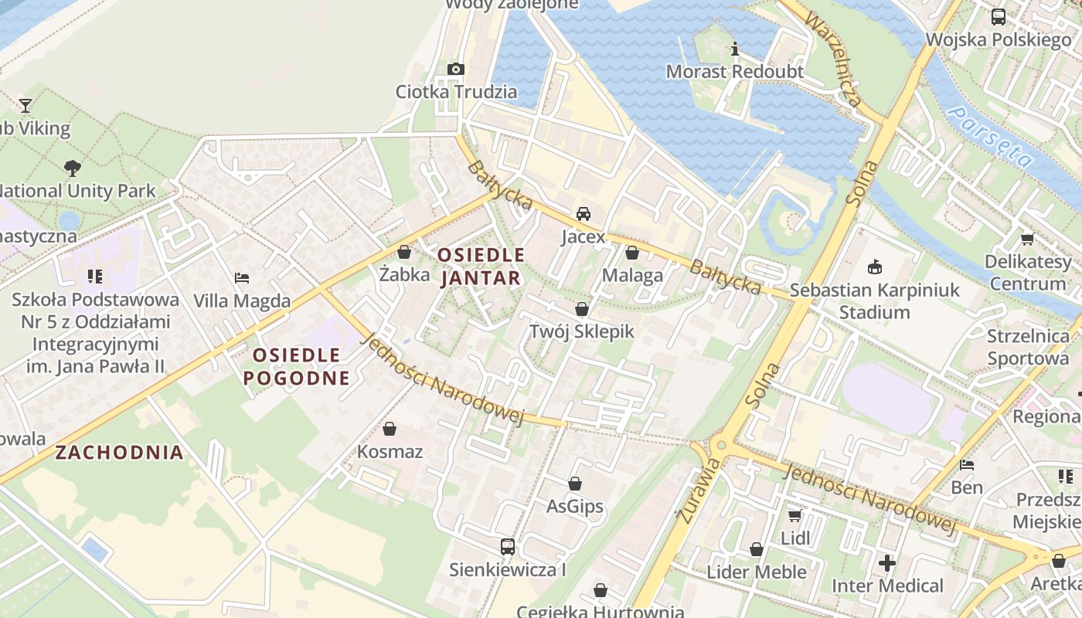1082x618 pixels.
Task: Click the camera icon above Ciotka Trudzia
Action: (x=456, y=70)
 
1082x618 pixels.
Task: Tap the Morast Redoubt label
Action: (x=735, y=72)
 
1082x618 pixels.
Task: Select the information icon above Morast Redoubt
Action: (x=735, y=50)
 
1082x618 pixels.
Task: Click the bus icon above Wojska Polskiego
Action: (x=998, y=17)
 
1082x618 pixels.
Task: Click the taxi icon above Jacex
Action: (x=584, y=214)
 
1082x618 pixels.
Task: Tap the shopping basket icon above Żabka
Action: (x=403, y=252)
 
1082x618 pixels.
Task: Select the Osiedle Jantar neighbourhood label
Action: (x=481, y=267)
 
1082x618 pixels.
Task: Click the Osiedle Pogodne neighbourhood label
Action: (x=297, y=366)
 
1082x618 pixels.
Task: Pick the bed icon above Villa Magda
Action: (x=242, y=278)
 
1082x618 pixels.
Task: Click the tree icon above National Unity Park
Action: (x=73, y=168)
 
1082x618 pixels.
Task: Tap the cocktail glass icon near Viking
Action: (x=26, y=105)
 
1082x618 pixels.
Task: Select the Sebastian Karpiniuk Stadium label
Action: (x=874, y=301)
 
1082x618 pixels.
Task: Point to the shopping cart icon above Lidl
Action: (x=794, y=515)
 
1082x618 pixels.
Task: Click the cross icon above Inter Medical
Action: (x=887, y=563)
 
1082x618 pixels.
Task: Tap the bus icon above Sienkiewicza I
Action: (x=507, y=547)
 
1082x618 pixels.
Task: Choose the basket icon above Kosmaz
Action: (x=390, y=429)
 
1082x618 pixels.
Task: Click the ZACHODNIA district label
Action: (x=119, y=453)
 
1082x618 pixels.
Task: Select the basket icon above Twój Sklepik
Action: (x=581, y=310)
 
